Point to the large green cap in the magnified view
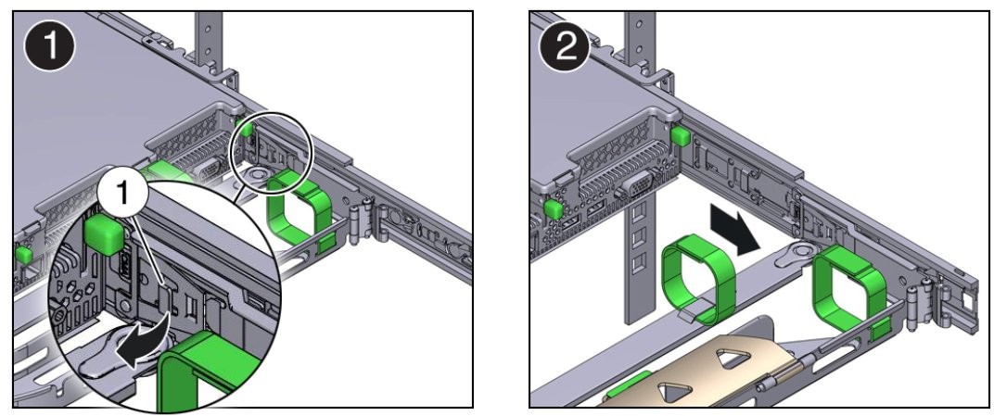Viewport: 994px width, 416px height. coord(103,235)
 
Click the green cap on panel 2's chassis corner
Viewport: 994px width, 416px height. coord(681,137)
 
